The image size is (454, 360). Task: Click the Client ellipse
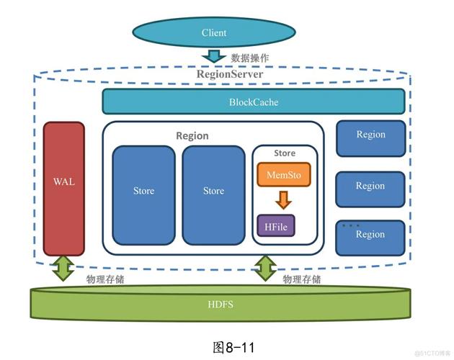(214, 32)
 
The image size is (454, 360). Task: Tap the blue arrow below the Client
(214, 56)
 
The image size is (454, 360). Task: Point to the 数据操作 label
(249, 58)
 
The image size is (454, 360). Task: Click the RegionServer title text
(230, 74)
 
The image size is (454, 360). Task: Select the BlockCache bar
(253, 102)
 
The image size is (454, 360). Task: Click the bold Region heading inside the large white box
(192, 135)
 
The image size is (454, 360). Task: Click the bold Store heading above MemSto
(285, 153)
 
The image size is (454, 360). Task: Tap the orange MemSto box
(284, 174)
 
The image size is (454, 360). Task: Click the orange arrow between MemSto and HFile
(284, 199)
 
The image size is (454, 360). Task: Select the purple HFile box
(276, 226)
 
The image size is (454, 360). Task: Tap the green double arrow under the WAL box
(63, 269)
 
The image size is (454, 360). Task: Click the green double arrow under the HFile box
(265, 269)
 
